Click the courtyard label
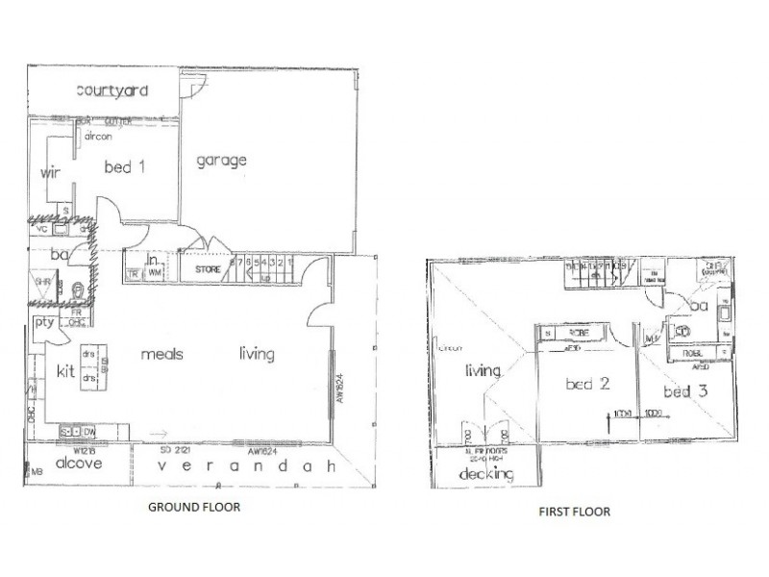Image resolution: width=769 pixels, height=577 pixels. pyautogui.click(x=112, y=91)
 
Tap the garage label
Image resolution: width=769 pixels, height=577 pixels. pyautogui.click(x=222, y=161)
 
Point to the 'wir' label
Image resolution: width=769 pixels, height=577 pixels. pyautogui.click(x=51, y=174)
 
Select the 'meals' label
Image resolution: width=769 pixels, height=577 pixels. pyautogui.click(x=162, y=354)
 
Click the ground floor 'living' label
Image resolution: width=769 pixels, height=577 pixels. pyautogui.click(x=257, y=354)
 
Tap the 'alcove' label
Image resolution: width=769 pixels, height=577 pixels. pyautogui.click(x=74, y=462)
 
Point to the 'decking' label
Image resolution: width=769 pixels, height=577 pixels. pyautogui.click(x=485, y=474)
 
